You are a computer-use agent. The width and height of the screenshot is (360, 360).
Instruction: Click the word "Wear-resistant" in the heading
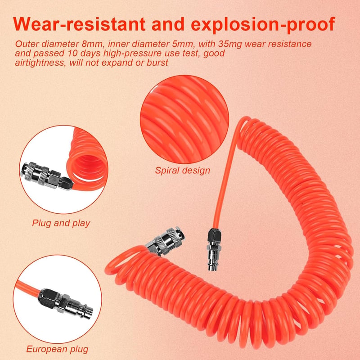(x=79, y=24)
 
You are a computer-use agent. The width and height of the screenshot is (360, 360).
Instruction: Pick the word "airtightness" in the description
(x=40, y=63)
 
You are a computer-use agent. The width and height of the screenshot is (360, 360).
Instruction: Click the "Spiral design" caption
(x=183, y=171)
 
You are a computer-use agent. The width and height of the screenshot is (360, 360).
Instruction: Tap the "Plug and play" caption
(x=61, y=223)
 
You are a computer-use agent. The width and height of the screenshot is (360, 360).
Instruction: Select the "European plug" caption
(x=57, y=349)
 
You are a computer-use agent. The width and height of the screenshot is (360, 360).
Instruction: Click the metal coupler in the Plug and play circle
(x=47, y=176)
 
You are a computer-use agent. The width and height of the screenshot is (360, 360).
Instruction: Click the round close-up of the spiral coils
(x=184, y=119)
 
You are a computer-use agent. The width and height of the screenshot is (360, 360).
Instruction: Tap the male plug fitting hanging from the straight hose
(x=213, y=249)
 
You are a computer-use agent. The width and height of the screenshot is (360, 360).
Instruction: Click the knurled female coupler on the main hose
(x=165, y=242)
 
